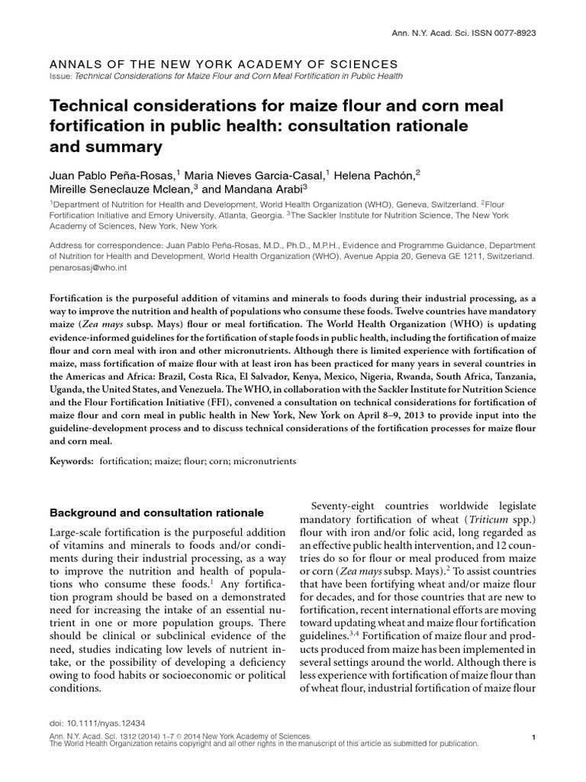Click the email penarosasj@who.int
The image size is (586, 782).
[x=84, y=270]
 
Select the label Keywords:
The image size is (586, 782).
[x=71, y=462]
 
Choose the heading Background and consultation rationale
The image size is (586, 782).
[x=156, y=512]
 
